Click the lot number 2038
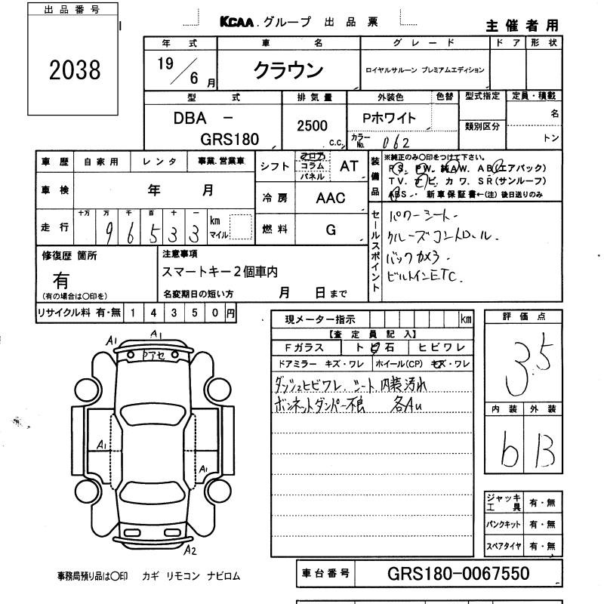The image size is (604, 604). (75, 70)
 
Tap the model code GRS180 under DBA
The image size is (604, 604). (230, 139)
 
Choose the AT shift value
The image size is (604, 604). (349, 167)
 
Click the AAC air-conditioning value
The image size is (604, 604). (330, 198)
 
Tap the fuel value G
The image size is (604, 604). (331, 230)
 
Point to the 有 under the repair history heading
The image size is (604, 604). (62, 279)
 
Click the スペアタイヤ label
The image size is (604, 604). (502, 545)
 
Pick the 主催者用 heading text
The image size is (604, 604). (522, 25)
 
